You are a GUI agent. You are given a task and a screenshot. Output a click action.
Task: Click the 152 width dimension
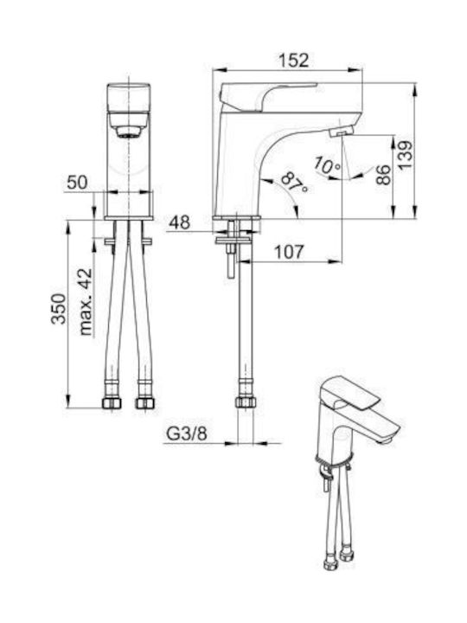pyautogui.click(x=293, y=61)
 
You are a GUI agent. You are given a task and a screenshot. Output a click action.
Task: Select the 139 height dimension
pyautogui.click(x=405, y=156)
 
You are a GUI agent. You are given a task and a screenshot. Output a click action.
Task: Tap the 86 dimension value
pyautogui.click(x=383, y=175)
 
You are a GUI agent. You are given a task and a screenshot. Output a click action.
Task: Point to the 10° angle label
pyautogui.click(x=327, y=165)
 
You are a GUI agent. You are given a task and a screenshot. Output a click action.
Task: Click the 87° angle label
pyautogui.click(x=294, y=183)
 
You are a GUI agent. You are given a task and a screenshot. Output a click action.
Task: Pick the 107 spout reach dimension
pyautogui.click(x=289, y=252)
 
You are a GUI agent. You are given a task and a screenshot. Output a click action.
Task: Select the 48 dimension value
pyautogui.click(x=180, y=222)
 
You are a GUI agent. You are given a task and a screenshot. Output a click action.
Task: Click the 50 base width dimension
pyautogui.click(x=77, y=183)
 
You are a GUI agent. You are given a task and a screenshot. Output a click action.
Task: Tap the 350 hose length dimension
pyautogui.click(x=59, y=309)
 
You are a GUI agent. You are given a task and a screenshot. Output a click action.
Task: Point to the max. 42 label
pyautogui.click(x=85, y=302)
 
